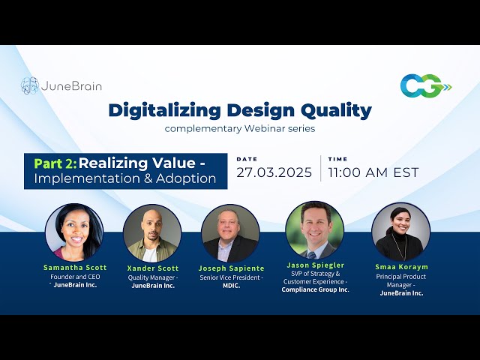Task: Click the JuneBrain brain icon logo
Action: coord(30,85)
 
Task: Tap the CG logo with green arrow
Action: coord(426,85)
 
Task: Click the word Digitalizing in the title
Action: coord(165,111)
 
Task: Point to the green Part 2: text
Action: coord(55,163)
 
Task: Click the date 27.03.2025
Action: coord(274,172)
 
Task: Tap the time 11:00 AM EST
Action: coord(373,172)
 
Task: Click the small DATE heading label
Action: coord(247,159)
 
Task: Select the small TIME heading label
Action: coord(337,159)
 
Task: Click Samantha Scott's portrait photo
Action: coord(74,232)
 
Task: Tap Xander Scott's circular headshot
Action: coord(152,233)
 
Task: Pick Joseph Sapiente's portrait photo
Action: coord(230,233)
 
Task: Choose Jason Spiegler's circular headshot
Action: coord(315,230)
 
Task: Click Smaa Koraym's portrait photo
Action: coord(400,232)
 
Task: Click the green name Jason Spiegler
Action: coord(316,265)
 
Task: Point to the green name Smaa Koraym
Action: coord(402,267)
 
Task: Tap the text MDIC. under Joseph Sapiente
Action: coord(232,286)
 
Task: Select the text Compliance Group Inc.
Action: coord(315,289)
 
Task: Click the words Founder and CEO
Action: coord(75,277)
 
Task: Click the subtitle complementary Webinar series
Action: coord(240,128)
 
